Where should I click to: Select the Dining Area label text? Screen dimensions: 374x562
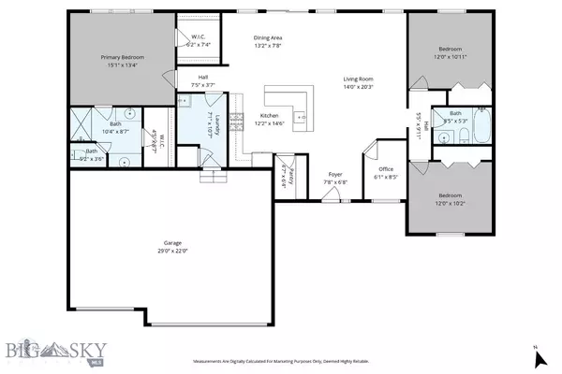[x=269, y=36]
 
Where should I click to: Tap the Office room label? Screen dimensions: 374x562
[x=386, y=168]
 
